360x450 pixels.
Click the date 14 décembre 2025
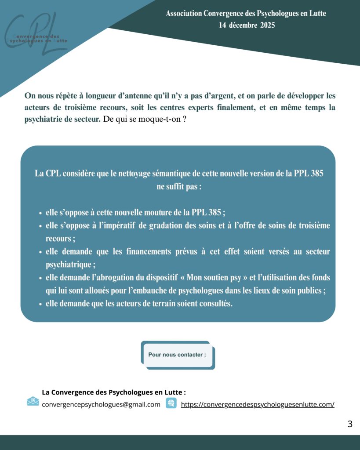247,25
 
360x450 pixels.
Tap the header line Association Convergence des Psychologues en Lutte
246,14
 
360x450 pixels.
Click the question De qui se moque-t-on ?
144,119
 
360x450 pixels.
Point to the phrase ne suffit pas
178,186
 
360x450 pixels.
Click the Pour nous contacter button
177,355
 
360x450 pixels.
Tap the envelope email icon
33,401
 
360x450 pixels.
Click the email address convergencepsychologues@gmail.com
101,405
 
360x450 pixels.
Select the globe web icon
171,403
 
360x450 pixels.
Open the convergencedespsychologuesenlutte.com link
258,405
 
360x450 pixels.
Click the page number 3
349,424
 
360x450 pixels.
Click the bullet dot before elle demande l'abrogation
40,278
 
